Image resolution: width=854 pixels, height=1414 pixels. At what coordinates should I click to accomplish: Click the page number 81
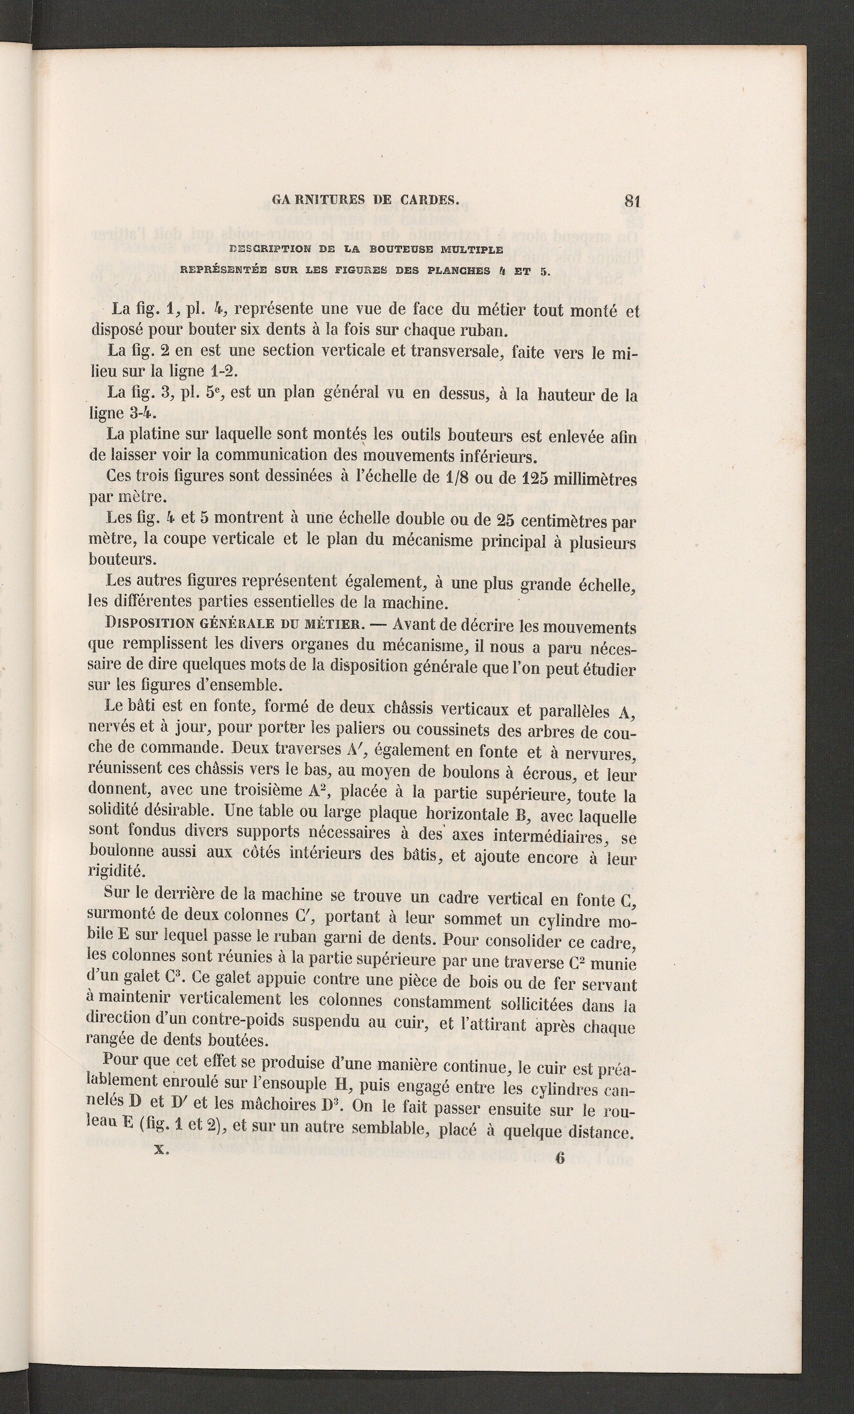pyautogui.click(x=631, y=201)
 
